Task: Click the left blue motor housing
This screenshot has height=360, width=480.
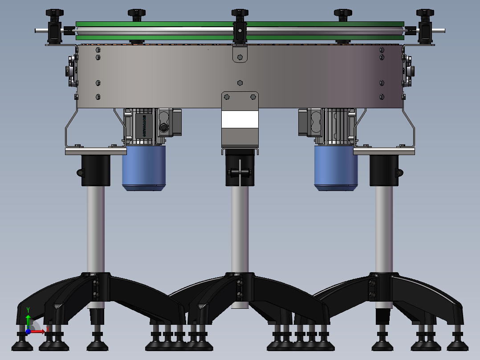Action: [144, 167]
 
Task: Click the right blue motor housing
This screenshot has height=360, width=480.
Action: [336, 167]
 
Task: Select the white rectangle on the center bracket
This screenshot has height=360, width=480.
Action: [240, 120]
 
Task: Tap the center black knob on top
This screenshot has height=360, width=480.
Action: [240, 13]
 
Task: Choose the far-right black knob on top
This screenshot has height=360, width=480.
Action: [425, 13]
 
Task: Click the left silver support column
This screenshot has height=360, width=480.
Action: [96, 227]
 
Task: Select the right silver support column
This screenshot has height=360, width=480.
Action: [384, 227]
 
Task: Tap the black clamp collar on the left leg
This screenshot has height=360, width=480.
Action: [95, 171]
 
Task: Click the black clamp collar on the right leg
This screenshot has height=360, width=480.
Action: [384, 171]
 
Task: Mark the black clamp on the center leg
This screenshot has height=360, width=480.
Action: [240, 172]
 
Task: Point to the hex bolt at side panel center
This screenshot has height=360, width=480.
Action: [240, 82]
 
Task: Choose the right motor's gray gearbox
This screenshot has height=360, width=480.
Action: [338, 126]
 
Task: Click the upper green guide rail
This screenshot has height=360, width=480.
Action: [240, 24]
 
